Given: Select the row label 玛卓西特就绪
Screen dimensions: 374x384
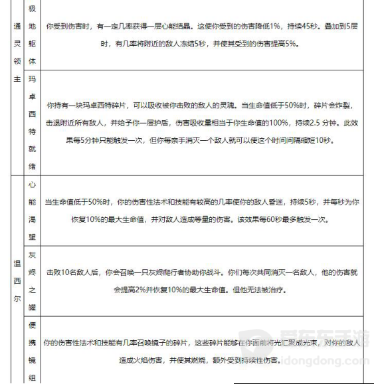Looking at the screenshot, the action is coord(33,123).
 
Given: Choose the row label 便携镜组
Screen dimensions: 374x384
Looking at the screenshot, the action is coord(33,350).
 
